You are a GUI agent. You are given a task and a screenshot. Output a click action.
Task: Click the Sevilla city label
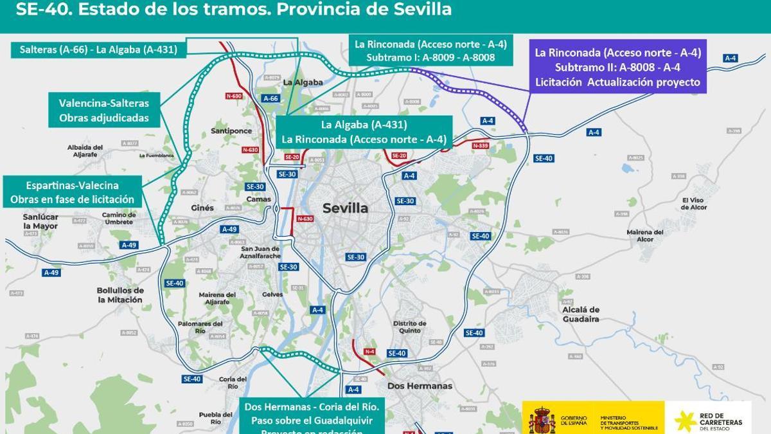pos(345,208)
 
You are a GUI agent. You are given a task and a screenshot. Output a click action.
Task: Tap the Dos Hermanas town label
pos(420,386)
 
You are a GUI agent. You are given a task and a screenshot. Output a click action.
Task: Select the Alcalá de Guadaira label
pos(581,314)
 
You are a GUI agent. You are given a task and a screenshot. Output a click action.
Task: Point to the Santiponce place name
pos(231,131)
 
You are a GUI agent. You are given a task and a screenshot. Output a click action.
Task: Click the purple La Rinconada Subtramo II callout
pos(617,68)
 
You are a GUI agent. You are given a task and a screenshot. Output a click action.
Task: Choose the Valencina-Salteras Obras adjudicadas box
pos(103,111)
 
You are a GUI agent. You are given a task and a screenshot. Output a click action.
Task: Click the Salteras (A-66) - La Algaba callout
pos(98,49)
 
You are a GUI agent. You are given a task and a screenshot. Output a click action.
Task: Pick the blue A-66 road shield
pos(270,98)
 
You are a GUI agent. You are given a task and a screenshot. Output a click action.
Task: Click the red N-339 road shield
pos(480,146)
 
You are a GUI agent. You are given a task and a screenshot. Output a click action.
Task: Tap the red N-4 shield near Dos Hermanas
pos(369,352)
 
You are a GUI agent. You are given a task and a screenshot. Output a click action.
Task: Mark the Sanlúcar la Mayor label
pos(40,221)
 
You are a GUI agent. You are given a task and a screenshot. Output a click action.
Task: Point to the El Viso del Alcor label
pos(694,203)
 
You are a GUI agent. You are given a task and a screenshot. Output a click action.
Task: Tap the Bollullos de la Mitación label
pos(120,294)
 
